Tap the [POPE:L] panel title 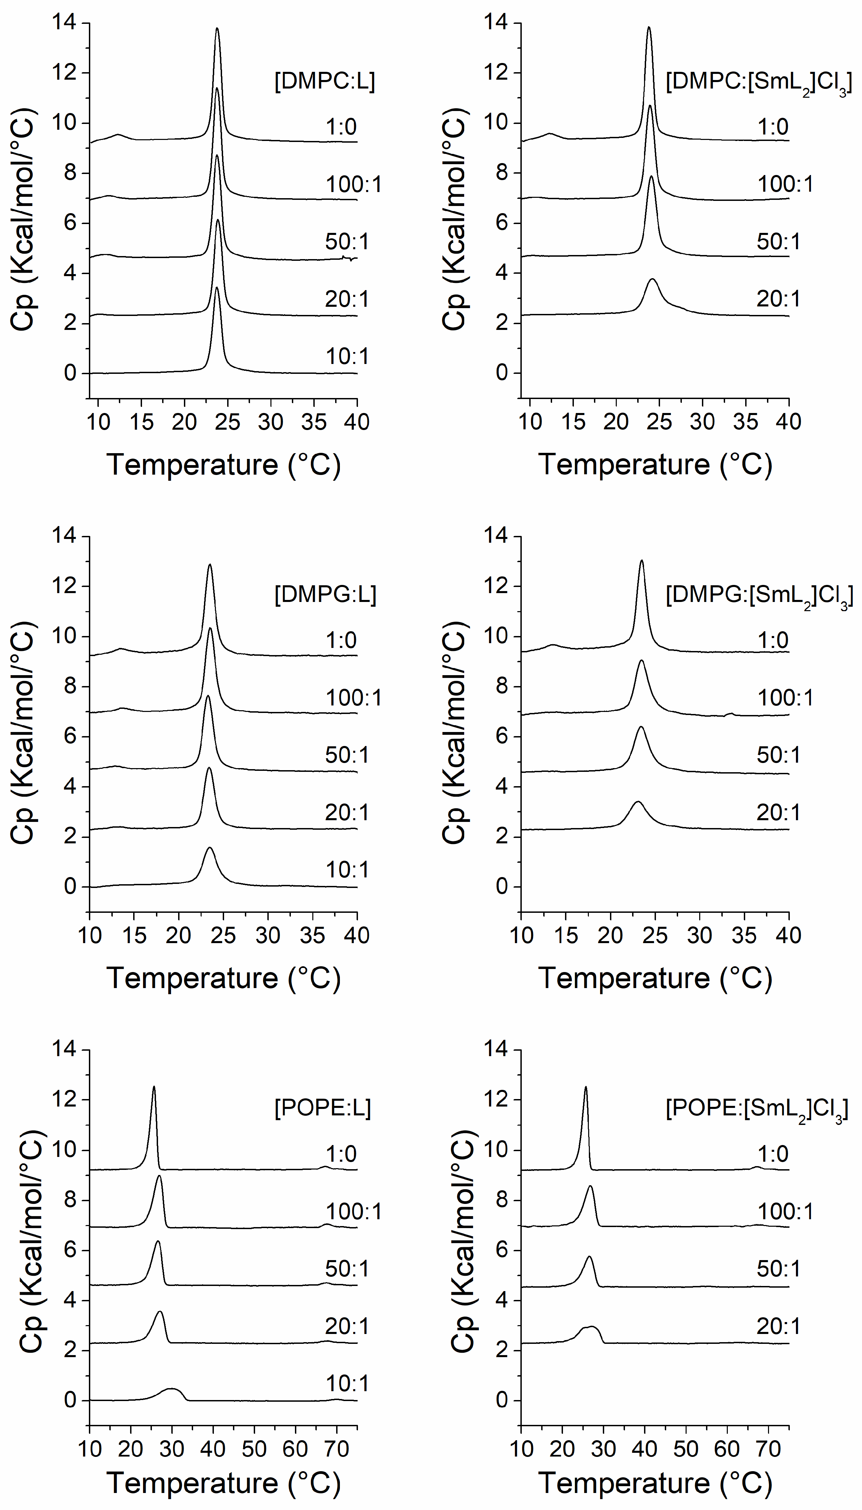click(x=323, y=1108)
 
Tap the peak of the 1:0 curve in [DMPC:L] click(x=217, y=28)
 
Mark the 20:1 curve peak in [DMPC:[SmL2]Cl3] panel click(x=653, y=279)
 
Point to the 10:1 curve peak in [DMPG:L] click(x=209, y=848)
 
